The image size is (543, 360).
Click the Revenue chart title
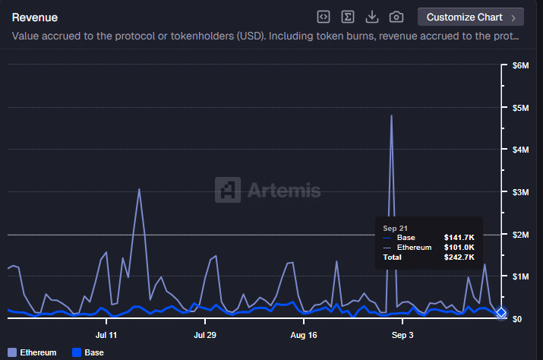click(35, 17)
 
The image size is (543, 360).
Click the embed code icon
click(324, 17)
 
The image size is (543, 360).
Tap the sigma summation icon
click(348, 17)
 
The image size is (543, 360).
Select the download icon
click(372, 17)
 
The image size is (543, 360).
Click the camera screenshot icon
click(396, 17)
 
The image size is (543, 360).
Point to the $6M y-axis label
click(520, 65)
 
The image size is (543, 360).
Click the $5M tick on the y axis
click(520, 108)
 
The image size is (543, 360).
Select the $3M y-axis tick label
click(520, 192)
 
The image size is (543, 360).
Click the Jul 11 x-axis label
click(106, 335)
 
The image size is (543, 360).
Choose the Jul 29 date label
click(205, 335)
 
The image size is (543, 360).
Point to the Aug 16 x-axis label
click(303, 335)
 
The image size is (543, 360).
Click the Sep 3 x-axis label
click(402, 335)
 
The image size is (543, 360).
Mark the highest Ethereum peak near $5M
click(391, 115)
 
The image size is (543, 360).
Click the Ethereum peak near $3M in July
click(139, 189)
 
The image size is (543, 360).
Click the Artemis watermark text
click(282, 191)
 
